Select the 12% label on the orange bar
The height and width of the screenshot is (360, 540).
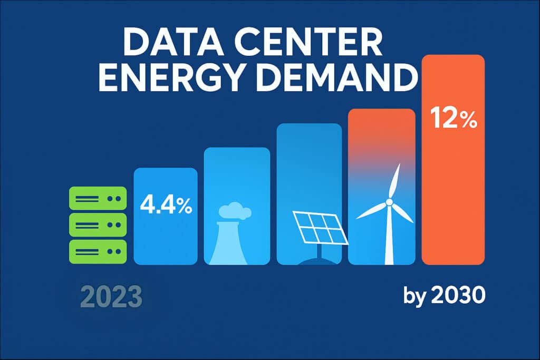[x=453, y=120]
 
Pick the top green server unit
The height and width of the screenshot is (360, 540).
[x=98, y=199]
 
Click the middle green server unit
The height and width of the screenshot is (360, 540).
[x=98, y=225]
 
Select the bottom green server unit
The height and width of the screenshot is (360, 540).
[x=98, y=251]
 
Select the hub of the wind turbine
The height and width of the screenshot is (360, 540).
[x=389, y=201]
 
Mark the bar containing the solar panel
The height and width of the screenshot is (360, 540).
[x=310, y=158]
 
